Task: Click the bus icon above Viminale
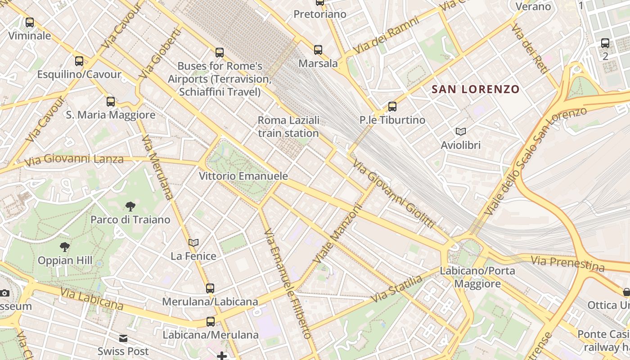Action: [x=30, y=22]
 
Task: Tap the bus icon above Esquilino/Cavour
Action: [x=79, y=61]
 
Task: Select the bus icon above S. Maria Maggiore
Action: [x=111, y=102]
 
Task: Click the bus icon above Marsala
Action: [x=318, y=50]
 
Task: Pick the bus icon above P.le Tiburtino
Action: [x=392, y=107]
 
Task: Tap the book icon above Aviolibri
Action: [x=460, y=131]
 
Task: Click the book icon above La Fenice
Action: [x=193, y=243]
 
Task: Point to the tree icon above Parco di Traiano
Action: [x=130, y=207]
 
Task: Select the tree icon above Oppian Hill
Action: [x=65, y=247]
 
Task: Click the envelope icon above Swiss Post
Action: [x=123, y=338]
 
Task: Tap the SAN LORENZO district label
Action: [x=476, y=89]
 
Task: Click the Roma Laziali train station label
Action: [x=288, y=127]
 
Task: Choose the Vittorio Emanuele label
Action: [x=243, y=176]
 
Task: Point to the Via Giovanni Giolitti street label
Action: [x=394, y=194]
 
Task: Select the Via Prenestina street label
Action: [x=567, y=264]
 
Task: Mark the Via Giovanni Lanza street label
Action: [x=74, y=160]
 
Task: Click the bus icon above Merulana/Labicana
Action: [x=210, y=288]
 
